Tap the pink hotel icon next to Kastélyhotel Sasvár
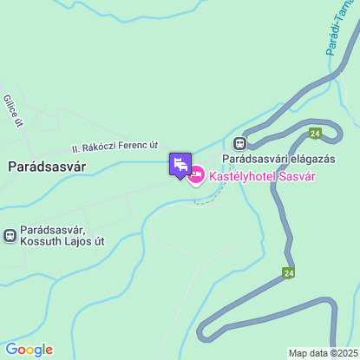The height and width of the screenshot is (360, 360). click(196, 176)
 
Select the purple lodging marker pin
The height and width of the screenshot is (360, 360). click(180, 164)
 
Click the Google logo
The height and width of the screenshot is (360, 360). click(29, 350)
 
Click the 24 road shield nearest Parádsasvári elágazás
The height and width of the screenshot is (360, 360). click(314, 133)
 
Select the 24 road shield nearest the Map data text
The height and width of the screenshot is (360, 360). click(287, 272)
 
